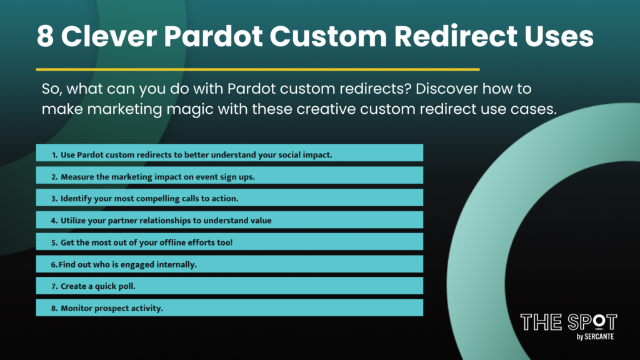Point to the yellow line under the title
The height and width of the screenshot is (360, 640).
(x=257, y=69)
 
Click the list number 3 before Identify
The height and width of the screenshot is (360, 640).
(x=54, y=198)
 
